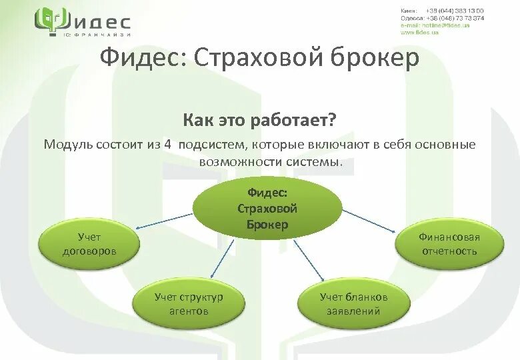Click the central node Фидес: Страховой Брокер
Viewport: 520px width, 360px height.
click(x=267, y=207)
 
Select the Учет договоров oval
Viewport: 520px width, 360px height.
click(x=89, y=244)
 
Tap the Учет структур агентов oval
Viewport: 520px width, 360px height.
click(x=189, y=303)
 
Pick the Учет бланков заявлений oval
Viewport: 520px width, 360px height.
click(x=353, y=303)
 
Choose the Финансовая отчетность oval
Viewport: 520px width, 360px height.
click(x=449, y=244)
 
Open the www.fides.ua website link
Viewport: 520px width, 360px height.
click(x=420, y=33)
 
